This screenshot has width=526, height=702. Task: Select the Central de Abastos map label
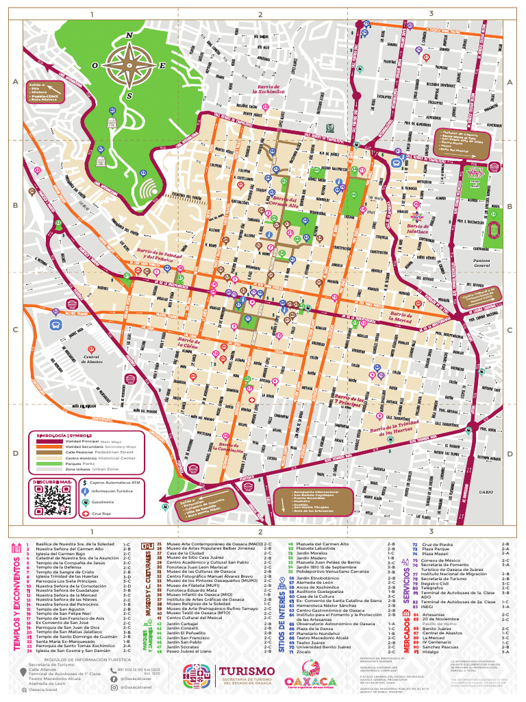point(92,359)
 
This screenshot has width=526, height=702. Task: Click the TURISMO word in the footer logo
point(247,670)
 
